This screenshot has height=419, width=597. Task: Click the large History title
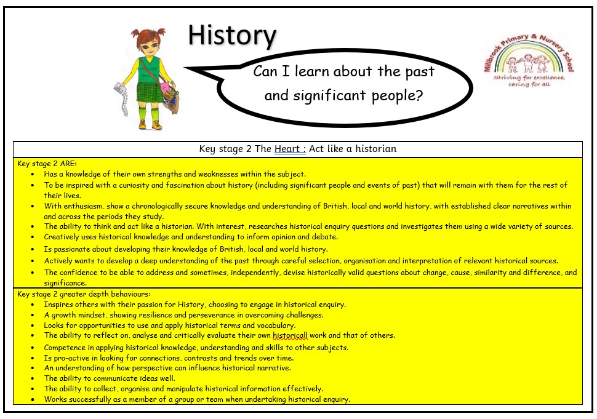[x=232, y=36]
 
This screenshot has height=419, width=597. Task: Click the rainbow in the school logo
[x=529, y=57]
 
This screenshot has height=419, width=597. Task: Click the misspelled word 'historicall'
[x=290, y=335]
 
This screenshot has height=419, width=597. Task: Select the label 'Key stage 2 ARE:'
[x=47, y=164]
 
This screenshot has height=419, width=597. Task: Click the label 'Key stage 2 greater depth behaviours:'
[x=84, y=294]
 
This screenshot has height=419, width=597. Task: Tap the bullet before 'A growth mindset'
[x=33, y=316]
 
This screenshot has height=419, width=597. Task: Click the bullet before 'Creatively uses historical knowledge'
[x=33, y=237]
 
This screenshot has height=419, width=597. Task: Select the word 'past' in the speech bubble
[x=420, y=72]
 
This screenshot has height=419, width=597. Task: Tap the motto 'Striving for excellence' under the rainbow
[x=529, y=78]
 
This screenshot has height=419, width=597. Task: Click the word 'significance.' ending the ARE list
[x=65, y=283]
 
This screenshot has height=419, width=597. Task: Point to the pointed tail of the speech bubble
[x=186, y=68]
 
